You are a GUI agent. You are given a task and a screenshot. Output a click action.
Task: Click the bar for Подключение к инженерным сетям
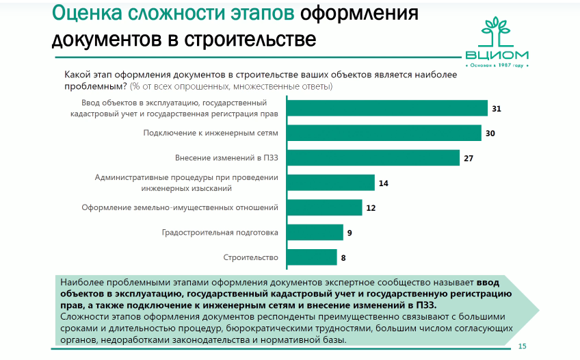[383, 133]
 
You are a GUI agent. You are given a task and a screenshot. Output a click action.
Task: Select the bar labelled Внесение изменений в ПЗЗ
[372, 157]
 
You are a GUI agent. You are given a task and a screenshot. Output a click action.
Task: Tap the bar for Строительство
[311, 257]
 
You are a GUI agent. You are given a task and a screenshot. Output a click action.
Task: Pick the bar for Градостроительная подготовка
[314, 232]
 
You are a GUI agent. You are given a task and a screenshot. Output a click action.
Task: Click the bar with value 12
[324, 207]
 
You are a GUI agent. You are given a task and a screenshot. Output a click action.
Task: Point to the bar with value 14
[330, 183]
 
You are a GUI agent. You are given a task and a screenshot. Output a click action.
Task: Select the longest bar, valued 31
[386, 108]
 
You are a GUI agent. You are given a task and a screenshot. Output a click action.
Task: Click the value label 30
[490, 133]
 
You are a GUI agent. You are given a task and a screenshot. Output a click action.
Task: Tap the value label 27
[469, 158]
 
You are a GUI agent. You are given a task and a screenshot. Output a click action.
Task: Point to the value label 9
[350, 233]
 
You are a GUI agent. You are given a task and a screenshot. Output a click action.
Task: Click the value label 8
[343, 257]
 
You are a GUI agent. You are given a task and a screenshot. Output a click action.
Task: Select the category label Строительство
[251, 257]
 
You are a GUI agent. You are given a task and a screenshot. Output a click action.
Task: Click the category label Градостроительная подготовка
[220, 233]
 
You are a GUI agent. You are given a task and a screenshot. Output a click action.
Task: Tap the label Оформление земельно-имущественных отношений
[180, 207]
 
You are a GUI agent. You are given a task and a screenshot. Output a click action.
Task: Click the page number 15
[523, 346]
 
